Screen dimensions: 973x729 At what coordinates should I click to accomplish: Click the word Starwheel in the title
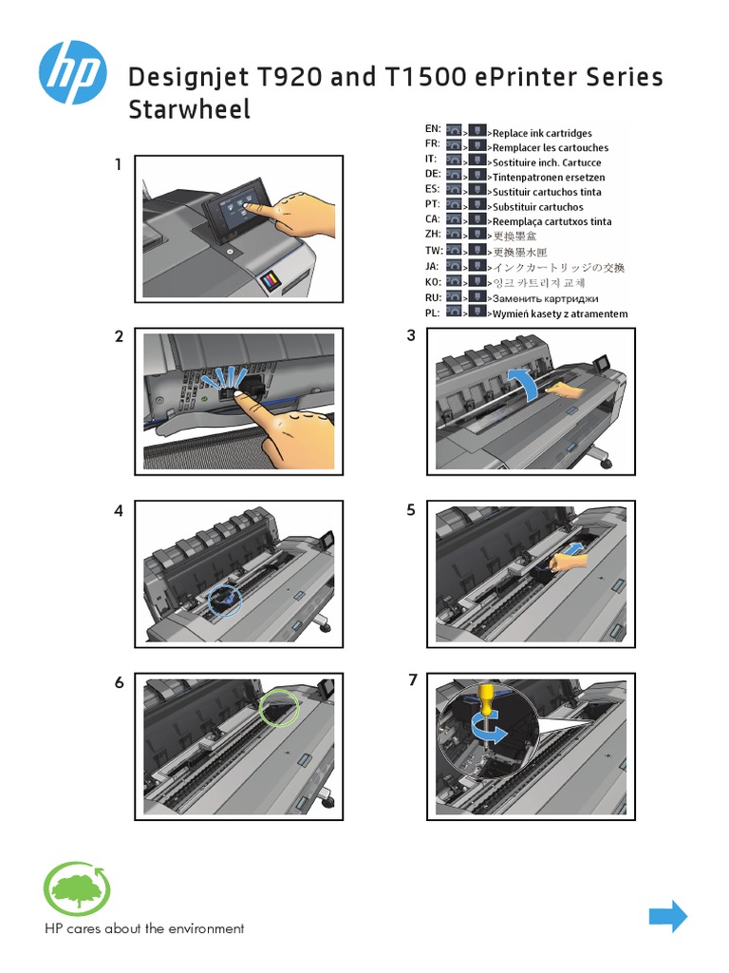pos(189,109)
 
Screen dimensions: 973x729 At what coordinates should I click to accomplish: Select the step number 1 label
pos(119,164)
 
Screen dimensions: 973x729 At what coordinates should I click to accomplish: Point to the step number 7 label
pos(411,679)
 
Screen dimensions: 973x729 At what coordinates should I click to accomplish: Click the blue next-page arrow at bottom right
pos(667,916)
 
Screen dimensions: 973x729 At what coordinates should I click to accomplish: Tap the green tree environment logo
pos(77,888)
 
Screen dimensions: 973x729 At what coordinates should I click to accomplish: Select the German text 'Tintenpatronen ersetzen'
pos(548,178)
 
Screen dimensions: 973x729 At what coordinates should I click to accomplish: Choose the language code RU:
pos(432,296)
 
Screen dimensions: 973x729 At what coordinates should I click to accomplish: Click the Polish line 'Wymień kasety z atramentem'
pos(559,314)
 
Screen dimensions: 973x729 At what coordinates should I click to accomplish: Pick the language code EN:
pos(432,128)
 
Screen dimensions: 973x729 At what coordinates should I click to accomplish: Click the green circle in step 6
pos(278,706)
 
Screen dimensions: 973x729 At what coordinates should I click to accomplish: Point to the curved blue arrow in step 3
pos(525,384)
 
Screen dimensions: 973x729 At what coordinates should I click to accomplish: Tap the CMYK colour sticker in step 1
pos(270,278)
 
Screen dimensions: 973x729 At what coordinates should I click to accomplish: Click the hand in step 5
pos(570,563)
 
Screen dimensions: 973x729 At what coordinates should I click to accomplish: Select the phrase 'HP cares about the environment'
pos(144,928)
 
